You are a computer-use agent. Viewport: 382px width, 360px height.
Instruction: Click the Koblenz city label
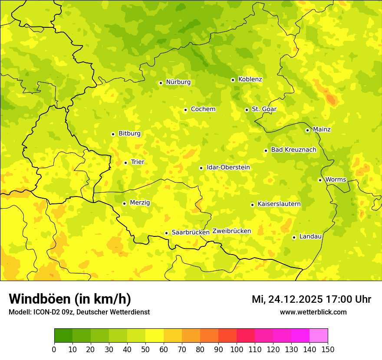click(250, 79)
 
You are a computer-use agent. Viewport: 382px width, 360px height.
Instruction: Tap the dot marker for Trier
click(125, 163)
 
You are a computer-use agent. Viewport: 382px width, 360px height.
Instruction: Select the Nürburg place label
click(178, 82)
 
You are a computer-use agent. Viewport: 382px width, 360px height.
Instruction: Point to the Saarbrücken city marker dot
click(166, 233)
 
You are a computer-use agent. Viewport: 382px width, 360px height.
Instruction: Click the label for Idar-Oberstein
click(228, 167)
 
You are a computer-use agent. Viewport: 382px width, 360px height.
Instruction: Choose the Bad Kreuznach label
click(293, 150)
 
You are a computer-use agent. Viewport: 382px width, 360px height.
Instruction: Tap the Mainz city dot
click(307, 130)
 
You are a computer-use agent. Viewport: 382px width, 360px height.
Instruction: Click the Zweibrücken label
click(231, 231)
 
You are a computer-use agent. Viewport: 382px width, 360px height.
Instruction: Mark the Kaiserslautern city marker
click(252, 205)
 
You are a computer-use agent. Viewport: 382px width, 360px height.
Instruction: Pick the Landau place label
click(310, 236)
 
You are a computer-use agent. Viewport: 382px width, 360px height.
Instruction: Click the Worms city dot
click(320, 180)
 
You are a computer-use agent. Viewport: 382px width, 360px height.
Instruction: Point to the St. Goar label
click(264, 109)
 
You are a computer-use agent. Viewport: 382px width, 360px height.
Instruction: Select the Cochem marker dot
click(185, 110)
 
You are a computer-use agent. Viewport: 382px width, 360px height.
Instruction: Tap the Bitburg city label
click(129, 134)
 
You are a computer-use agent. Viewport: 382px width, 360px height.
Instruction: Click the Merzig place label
click(140, 203)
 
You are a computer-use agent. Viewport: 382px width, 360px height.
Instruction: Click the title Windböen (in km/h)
click(69, 299)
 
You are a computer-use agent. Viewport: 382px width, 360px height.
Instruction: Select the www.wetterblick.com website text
click(313, 312)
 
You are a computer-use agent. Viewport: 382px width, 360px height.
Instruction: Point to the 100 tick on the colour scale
click(237, 349)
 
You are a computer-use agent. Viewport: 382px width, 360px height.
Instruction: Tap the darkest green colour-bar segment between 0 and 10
click(63, 335)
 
